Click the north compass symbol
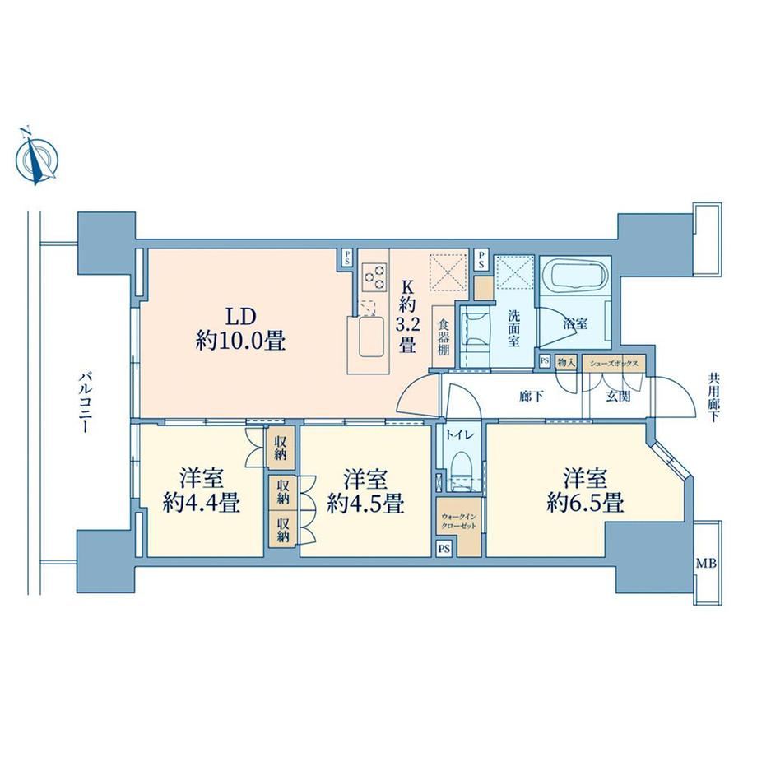coord(36,157)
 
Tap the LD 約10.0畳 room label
coord(240,329)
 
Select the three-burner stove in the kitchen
coord(375,277)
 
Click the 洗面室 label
coord(513,328)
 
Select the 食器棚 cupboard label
coord(444,337)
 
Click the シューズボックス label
coord(614,364)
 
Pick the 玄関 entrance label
coord(618,397)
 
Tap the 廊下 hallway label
coord(532,397)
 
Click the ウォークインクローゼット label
coord(458,522)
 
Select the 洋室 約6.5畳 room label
coord(585,490)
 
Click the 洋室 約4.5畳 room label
coord(365,490)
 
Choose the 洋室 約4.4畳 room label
coord(202,490)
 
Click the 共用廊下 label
coord(713,397)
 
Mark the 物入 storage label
coord(566,362)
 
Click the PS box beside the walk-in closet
coord(444,549)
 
